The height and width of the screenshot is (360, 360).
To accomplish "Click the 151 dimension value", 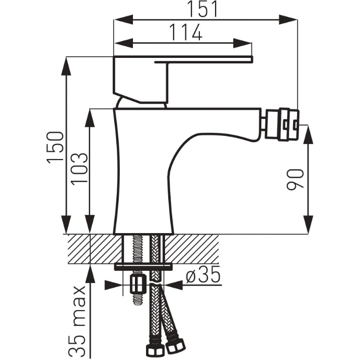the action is pos(202,9).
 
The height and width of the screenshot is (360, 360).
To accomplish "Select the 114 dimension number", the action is pos(186,32).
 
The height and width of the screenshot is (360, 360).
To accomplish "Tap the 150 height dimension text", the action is pos(55,148).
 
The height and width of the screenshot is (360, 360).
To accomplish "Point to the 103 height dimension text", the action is pos(79,167).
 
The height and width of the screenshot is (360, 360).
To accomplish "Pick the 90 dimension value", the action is pos(295,180).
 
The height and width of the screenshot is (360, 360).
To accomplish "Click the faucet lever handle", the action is pos(183,79).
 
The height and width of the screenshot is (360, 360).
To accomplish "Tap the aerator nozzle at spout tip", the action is pos(282,124).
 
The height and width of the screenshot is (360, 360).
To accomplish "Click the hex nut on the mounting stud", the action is pos(138,284).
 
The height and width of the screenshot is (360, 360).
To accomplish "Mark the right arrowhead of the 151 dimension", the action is pos(289,20).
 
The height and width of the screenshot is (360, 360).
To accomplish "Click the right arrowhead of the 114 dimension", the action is pos(243,43).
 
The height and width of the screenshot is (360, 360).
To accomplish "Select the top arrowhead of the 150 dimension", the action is pos(66,66).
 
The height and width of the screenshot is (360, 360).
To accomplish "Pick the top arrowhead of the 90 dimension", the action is pos(308,134).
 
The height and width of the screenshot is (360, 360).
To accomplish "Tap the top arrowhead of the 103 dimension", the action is pos(90,118).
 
